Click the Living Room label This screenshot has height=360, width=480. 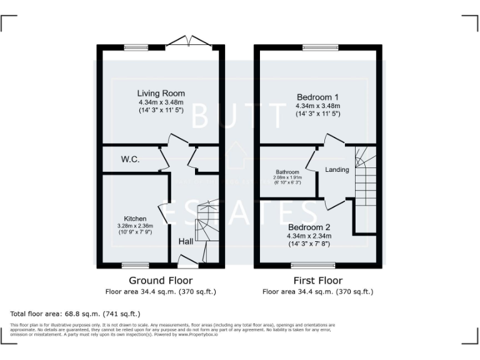161,94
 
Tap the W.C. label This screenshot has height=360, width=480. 130,159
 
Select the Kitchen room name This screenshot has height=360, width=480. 135,218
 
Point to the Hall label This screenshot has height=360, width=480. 186,241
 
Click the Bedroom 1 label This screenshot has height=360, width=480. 317,97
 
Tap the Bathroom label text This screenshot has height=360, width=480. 288,172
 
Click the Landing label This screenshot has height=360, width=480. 337,170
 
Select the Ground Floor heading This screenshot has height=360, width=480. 161,281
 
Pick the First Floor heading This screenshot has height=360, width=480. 317,281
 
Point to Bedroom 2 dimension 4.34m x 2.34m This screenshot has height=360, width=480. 309,236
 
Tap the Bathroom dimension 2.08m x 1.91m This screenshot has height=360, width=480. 288,178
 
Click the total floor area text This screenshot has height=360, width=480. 75,313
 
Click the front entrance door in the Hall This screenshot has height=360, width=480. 187,261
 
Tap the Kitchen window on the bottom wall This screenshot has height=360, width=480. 135,265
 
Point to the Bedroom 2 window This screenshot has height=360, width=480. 322,265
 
